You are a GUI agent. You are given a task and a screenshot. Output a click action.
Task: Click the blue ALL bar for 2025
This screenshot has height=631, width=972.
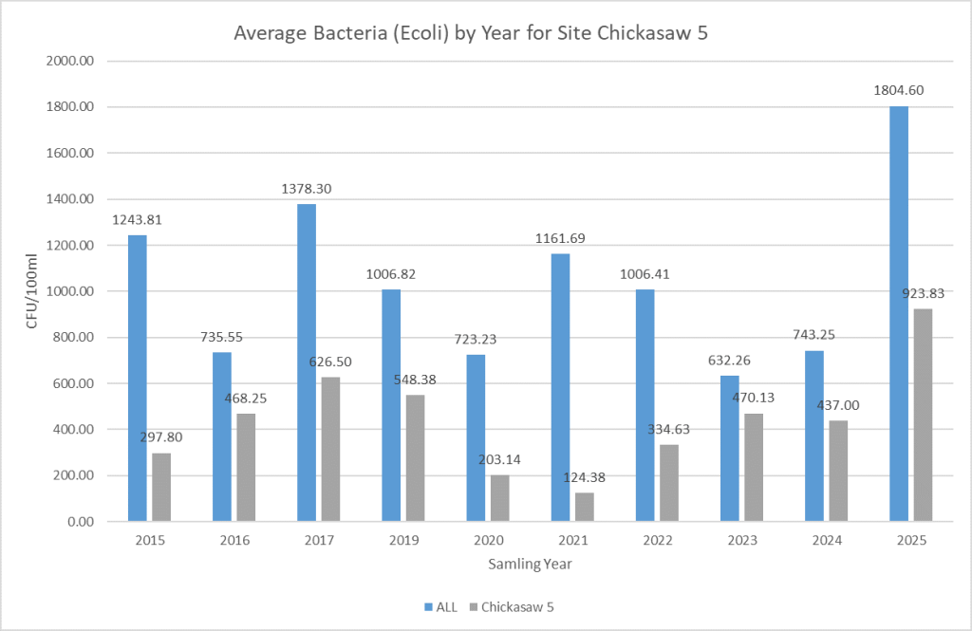[898, 313]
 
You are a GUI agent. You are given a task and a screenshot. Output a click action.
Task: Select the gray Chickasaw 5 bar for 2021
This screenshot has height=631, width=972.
[585, 507]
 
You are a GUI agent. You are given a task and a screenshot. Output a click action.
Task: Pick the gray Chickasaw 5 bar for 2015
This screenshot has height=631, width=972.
[161, 487]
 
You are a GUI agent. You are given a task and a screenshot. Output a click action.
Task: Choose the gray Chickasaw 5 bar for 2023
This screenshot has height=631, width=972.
[754, 467]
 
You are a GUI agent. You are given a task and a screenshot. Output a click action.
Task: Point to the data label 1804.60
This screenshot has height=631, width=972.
[899, 91]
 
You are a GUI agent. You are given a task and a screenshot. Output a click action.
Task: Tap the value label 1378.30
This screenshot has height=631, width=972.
[307, 189]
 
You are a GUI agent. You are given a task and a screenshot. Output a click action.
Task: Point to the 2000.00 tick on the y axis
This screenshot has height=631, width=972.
[71, 62]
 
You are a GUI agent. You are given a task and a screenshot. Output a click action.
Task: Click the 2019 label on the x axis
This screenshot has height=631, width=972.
[402, 540]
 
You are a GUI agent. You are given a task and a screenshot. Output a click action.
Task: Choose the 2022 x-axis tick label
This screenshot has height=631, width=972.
[657, 540]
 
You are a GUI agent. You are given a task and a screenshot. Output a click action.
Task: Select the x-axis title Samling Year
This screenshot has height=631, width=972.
[530, 564]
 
